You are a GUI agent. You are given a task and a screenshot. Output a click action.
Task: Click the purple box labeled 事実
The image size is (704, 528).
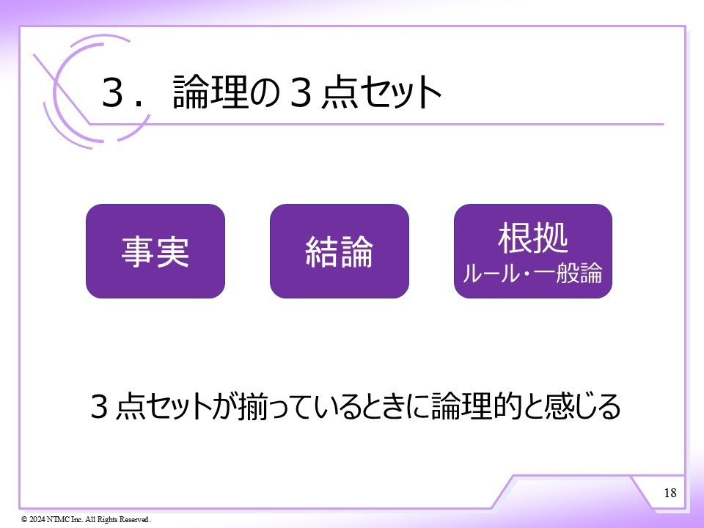tap(155, 252)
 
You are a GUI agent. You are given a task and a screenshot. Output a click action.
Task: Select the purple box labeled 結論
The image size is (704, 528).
tap(339, 252)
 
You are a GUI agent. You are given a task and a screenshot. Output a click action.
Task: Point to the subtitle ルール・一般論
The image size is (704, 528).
tap(532, 275)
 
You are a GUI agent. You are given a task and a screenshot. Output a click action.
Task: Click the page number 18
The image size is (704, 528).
tap(670, 492)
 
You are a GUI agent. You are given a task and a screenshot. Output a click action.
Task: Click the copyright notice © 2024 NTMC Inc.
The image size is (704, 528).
tap(86, 519)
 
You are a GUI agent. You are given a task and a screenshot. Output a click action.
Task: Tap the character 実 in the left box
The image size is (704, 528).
tap(174, 252)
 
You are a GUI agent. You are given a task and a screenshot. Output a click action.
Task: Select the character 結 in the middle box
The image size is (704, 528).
tap(321, 252)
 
